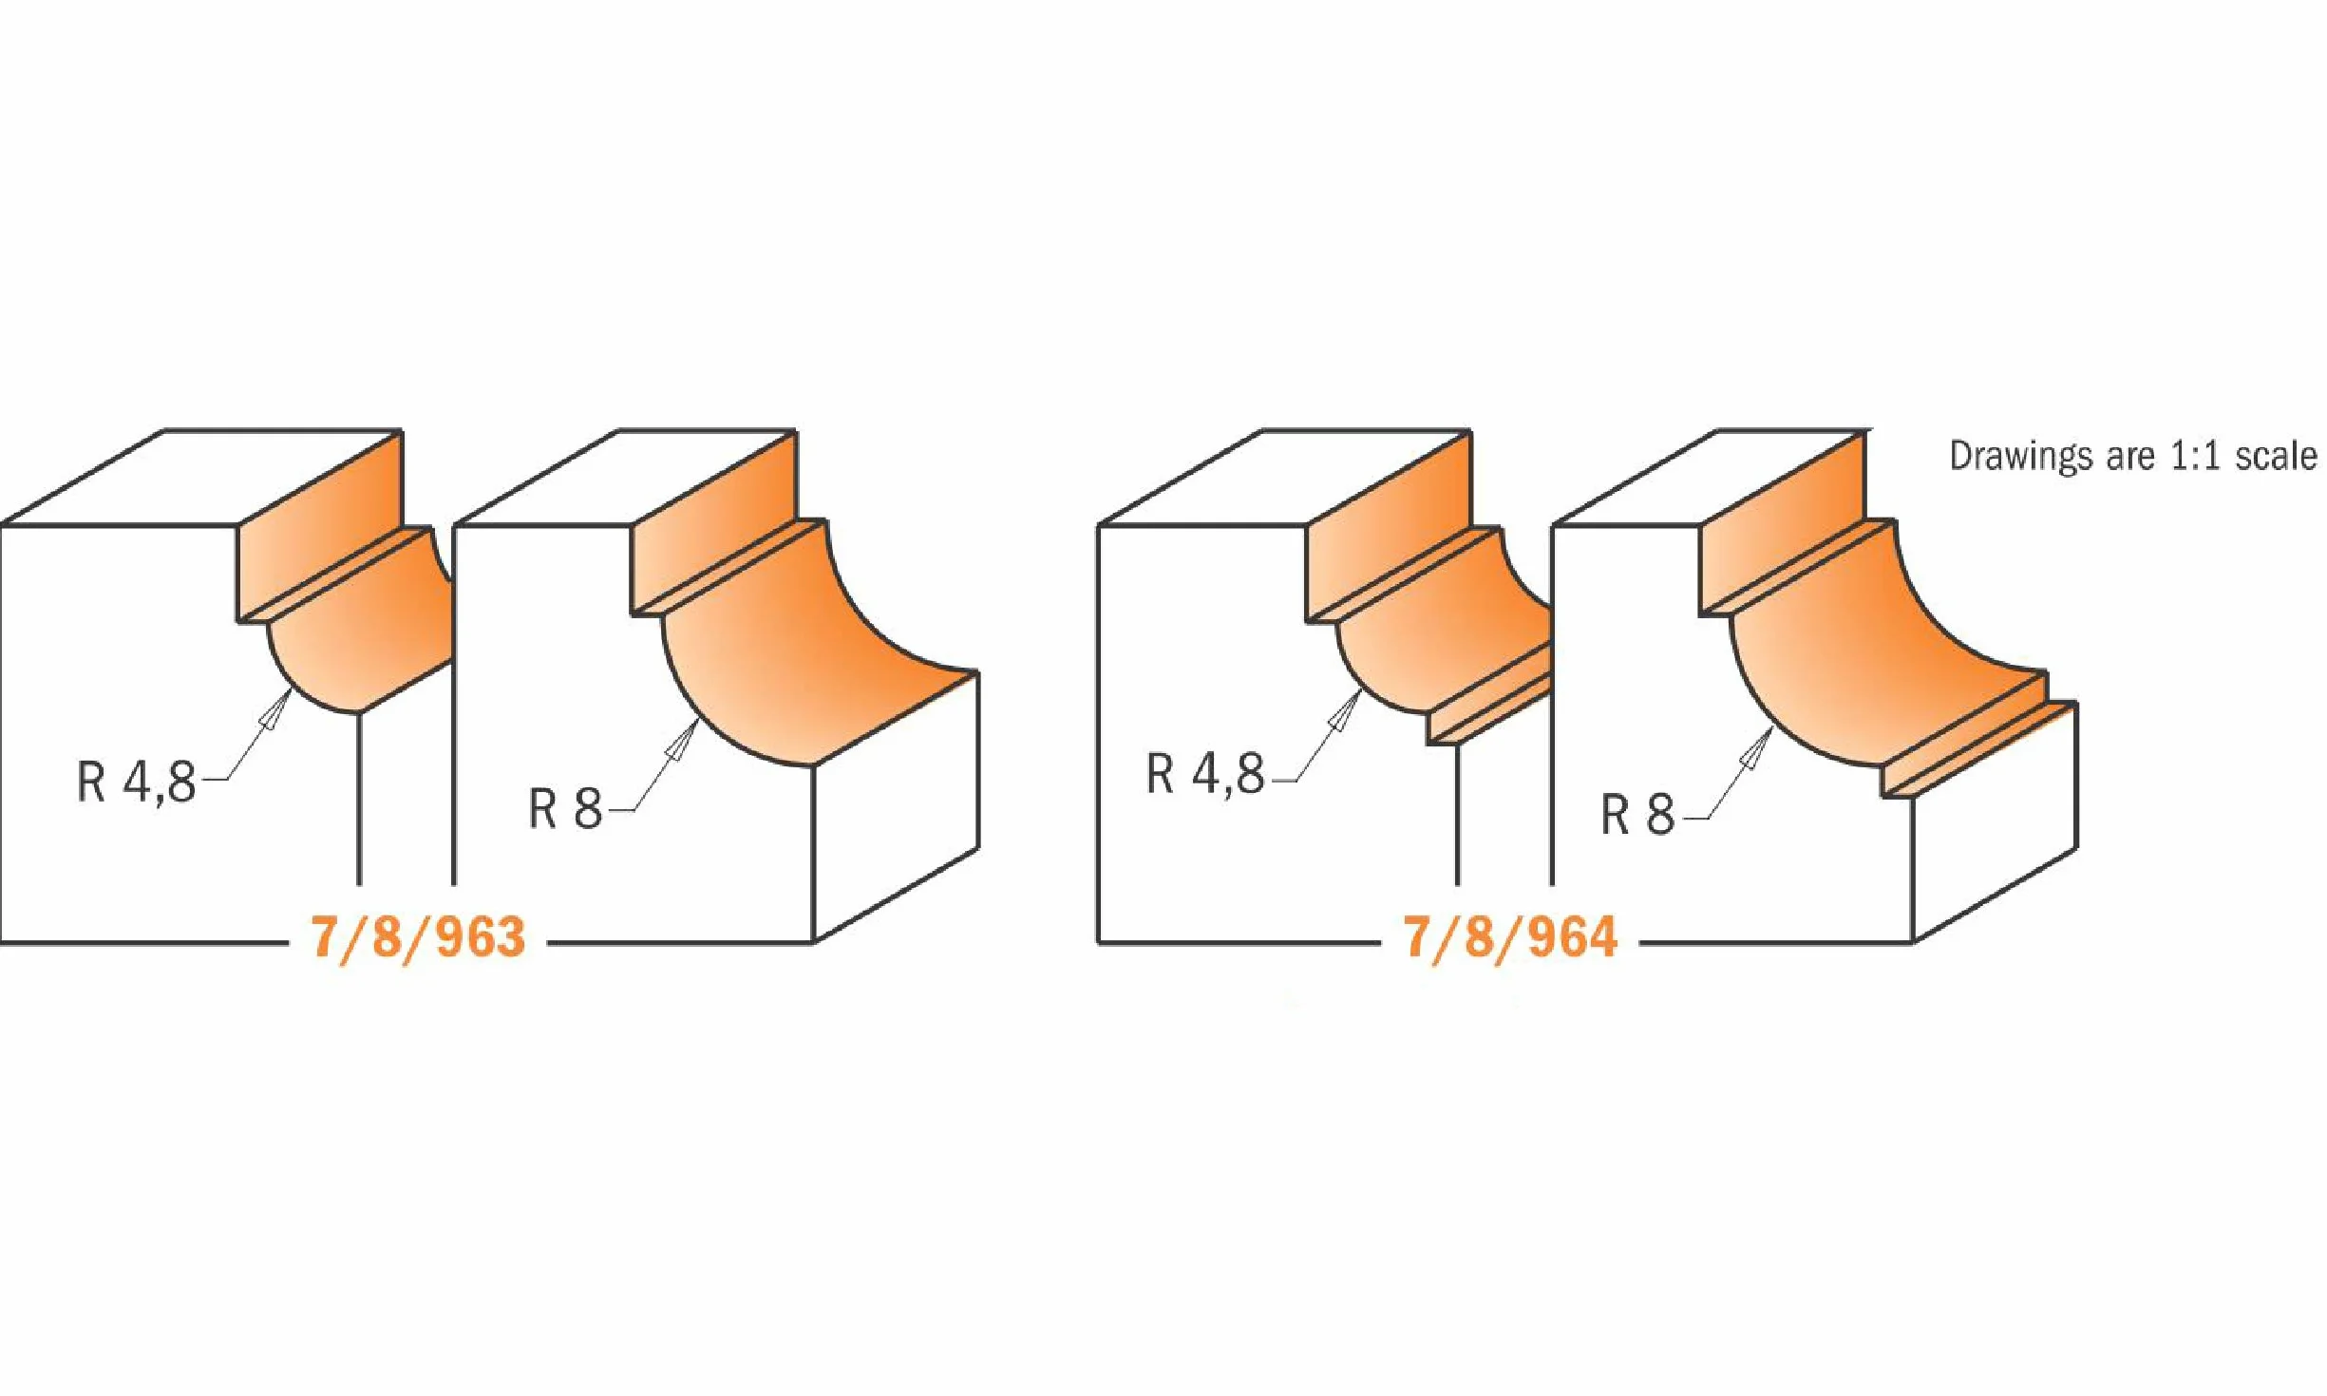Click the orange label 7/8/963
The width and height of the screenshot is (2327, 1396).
[418, 937]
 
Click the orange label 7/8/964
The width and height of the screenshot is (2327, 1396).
[1510, 937]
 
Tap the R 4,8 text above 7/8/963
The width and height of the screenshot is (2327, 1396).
[137, 783]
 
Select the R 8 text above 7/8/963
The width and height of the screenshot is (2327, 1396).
[565, 809]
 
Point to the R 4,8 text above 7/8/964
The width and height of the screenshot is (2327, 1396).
[1206, 774]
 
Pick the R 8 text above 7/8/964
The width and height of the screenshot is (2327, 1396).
[1637, 814]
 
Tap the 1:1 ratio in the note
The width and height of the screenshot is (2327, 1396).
[2194, 456]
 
